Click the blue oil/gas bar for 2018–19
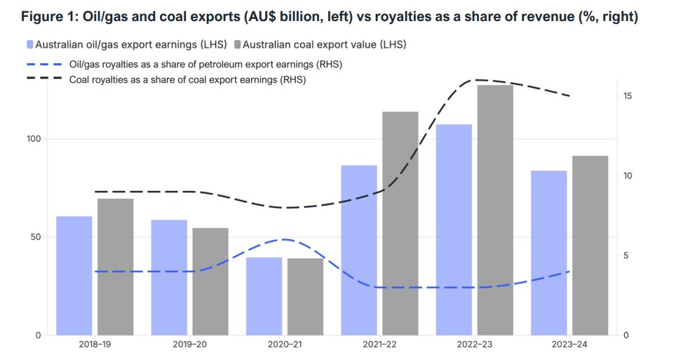click(x=74, y=275)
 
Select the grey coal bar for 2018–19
click(x=115, y=267)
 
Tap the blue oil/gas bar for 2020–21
click(x=264, y=296)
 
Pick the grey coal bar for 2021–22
click(x=400, y=223)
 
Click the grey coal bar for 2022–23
click(x=495, y=210)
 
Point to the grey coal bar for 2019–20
click(x=210, y=281)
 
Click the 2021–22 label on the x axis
click(x=379, y=345)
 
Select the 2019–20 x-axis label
click(x=189, y=345)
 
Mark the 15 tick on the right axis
click(x=627, y=95)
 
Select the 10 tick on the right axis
click(x=627, y=175)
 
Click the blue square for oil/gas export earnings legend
click(x=30, y=45)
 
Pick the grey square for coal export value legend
click(x=238, y=45)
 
